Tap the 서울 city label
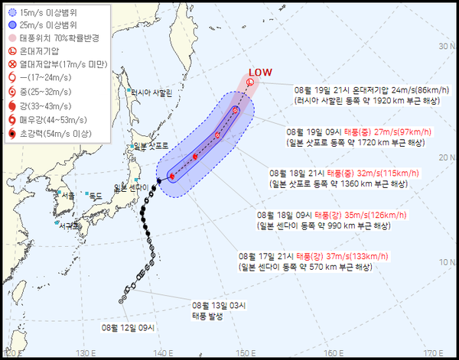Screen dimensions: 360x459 click(68, 196)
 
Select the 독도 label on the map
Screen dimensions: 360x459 click(96, 196)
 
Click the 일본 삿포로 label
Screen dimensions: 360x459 click(151, 146)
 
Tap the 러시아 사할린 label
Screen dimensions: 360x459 click(153, 92)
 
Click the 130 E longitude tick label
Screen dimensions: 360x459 click(85, 354)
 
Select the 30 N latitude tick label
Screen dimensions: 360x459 click(443, 47)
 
